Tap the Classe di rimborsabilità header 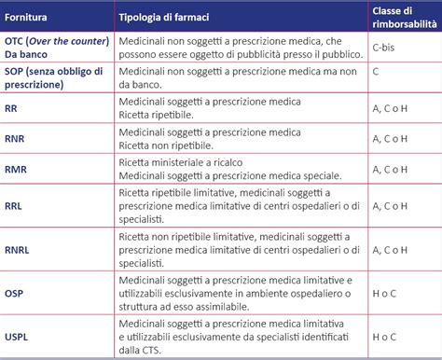pos(401,18)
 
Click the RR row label pos(13,108)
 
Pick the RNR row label pos(17,139)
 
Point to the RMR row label pos(18,170)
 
